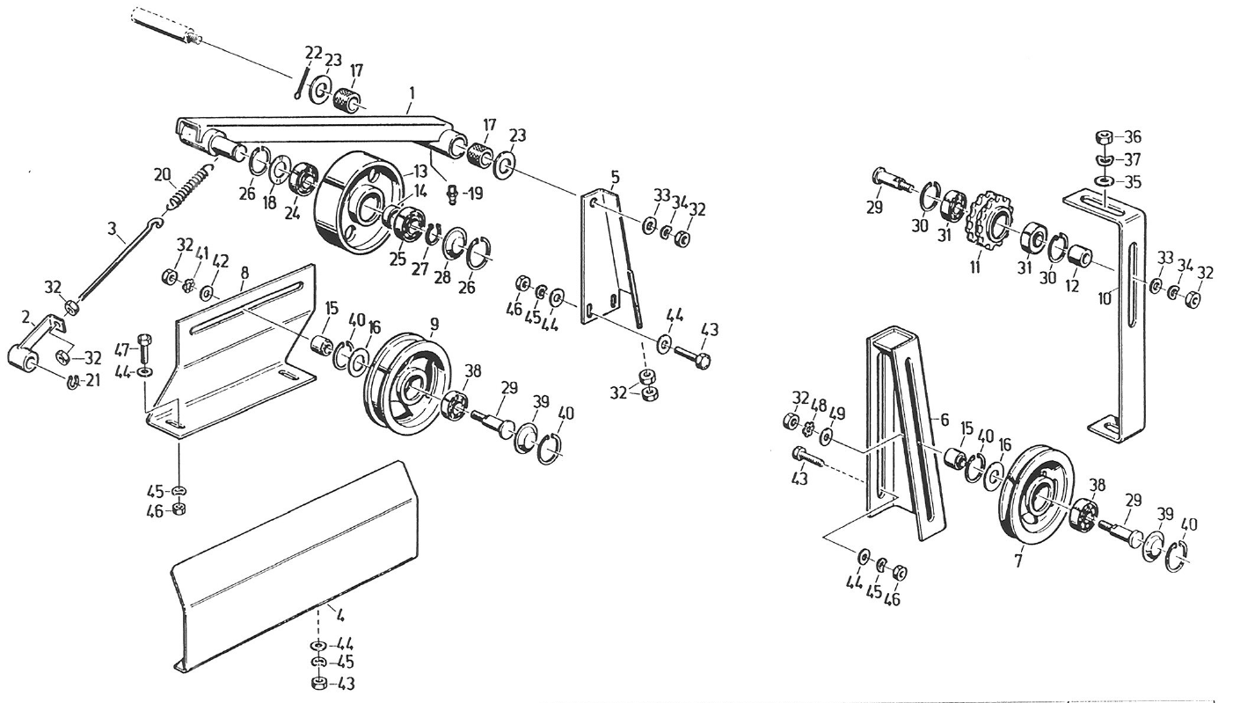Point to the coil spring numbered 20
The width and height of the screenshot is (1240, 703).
(x=190, y=186)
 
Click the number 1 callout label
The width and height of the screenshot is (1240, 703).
(x=412, y=92)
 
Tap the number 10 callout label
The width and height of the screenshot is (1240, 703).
(x=1105, y=298)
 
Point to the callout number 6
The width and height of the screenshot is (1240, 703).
(x=945, y=421)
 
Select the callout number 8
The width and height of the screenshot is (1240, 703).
(x=244, y=274)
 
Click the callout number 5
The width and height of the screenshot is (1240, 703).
(x=615, y=178)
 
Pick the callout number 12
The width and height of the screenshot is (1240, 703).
(x=1072, y=287)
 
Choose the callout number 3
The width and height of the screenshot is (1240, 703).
(x=112, y=231)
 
